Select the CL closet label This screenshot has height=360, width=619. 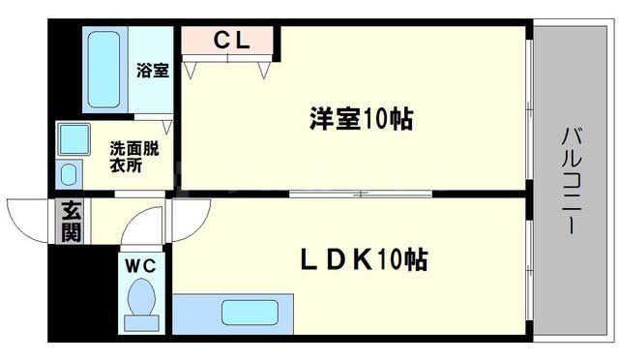(231, 41)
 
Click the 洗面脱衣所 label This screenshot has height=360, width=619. (133, 158)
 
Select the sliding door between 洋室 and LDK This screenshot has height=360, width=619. (358, 195)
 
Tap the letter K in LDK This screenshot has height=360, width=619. (363, 260)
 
